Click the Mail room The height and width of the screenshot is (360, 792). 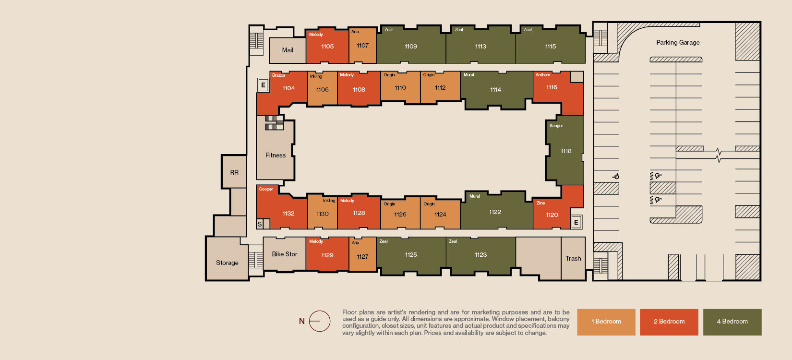point(288,50)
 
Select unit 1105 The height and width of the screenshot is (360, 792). point(327,46)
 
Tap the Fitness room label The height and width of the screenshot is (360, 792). point(276,155)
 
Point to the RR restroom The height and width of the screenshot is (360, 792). point(234,172)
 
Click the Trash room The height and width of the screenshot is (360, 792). point(573,259)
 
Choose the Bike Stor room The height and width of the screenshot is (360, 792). point(285,253)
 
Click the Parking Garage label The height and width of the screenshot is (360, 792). point(678,42)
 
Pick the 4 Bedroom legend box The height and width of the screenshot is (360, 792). point(732,322)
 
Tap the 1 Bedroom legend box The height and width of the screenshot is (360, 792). point(606,322)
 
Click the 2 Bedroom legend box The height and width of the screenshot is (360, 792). point(669,322)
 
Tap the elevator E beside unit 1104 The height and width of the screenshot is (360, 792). point(263,85)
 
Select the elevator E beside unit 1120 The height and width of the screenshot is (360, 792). point(576,222)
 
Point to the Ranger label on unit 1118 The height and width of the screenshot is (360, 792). point(556,126)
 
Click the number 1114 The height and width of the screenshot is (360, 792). point(495,90)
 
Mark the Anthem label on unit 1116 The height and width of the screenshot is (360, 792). point(543,74)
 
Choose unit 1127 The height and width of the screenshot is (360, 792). point(362,254)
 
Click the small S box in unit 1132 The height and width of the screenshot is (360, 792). point(260,224)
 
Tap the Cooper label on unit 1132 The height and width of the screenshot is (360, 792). point(266,189)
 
